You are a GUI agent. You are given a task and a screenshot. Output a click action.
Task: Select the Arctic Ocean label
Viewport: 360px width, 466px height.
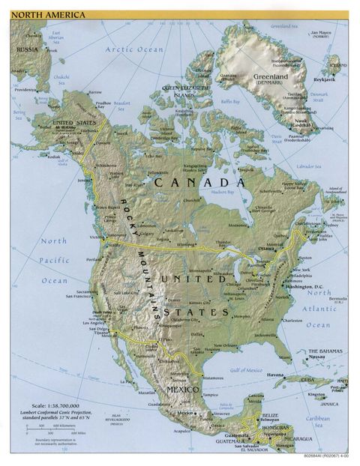point(133,49)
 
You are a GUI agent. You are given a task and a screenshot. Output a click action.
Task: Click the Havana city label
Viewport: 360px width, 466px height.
point(277,375)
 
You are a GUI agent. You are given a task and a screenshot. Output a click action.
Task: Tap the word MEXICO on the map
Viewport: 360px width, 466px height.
point(183,390)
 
